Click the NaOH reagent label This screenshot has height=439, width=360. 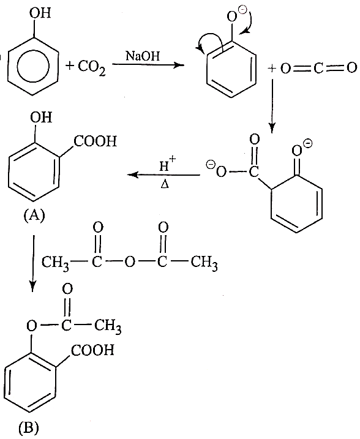[x=143, y=56]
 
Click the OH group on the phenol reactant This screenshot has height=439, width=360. [x=40, y=13]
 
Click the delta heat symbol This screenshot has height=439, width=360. [x=165, y=184]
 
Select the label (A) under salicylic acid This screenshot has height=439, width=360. [x=34, y=216]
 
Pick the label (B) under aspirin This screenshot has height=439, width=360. [x=29, y=427]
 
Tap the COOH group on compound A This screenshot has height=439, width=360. [x=95, y=141]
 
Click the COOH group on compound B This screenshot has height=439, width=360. [x=92, y=350]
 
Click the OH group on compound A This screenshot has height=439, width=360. [x=41, y=117]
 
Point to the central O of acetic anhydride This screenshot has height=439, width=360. [x=130, y=262]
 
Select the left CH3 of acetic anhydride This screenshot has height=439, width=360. [x=55, y=263]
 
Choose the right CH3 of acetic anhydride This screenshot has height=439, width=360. [x=204, y=263]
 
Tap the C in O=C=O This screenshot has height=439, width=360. [x=318, y=68]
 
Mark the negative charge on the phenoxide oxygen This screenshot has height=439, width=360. [x=242, y=10]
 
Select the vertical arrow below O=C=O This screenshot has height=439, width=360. [x=272, y=106]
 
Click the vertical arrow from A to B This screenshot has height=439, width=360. [x=33, y=263]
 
